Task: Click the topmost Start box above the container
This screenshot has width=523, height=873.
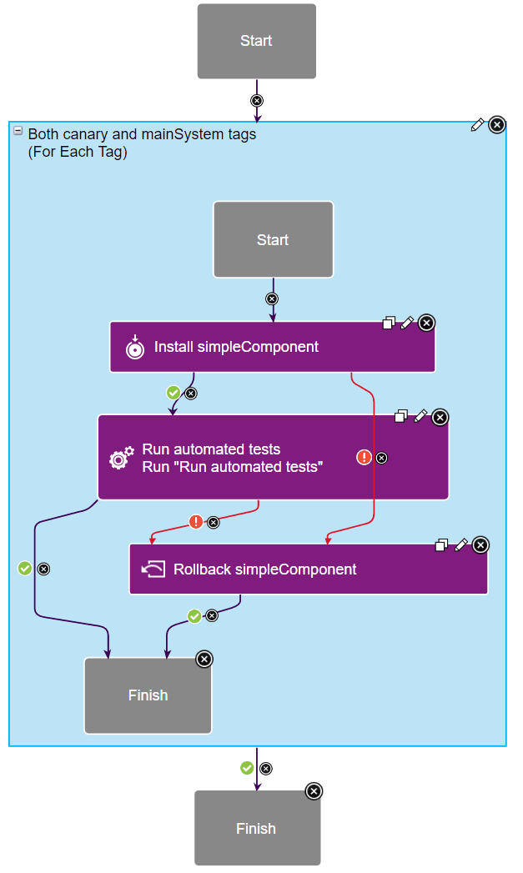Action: [256, 41]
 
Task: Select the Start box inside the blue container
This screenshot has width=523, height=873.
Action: [273, 239]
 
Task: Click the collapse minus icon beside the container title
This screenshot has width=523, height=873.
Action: [18, 131]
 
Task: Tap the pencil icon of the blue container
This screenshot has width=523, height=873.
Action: [477, 125]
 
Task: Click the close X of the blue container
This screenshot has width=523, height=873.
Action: [496, 125]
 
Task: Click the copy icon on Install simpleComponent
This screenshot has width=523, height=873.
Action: [389, 323]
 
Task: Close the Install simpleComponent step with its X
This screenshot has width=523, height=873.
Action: [426, 323]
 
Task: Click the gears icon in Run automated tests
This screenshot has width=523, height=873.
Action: [121, 458]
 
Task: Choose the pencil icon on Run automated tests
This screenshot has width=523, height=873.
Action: [420, 415]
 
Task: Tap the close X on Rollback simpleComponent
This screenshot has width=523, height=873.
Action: [480, 544]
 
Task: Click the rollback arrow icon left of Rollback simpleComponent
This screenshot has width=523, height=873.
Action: [153, 569]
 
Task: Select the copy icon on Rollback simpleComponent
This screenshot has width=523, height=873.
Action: [442, 545]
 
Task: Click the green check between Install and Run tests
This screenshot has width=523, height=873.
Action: [173, 392]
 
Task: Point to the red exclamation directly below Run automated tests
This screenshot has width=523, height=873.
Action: [196, 522]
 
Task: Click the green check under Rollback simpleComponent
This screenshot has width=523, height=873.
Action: [194, 616]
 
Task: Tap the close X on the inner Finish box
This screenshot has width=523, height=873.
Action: [204, 660]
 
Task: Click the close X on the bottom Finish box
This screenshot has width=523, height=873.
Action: [314, 791]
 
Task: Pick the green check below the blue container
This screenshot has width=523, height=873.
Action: [247, 768]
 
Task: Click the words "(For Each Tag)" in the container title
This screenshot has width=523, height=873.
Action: [78, 153]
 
